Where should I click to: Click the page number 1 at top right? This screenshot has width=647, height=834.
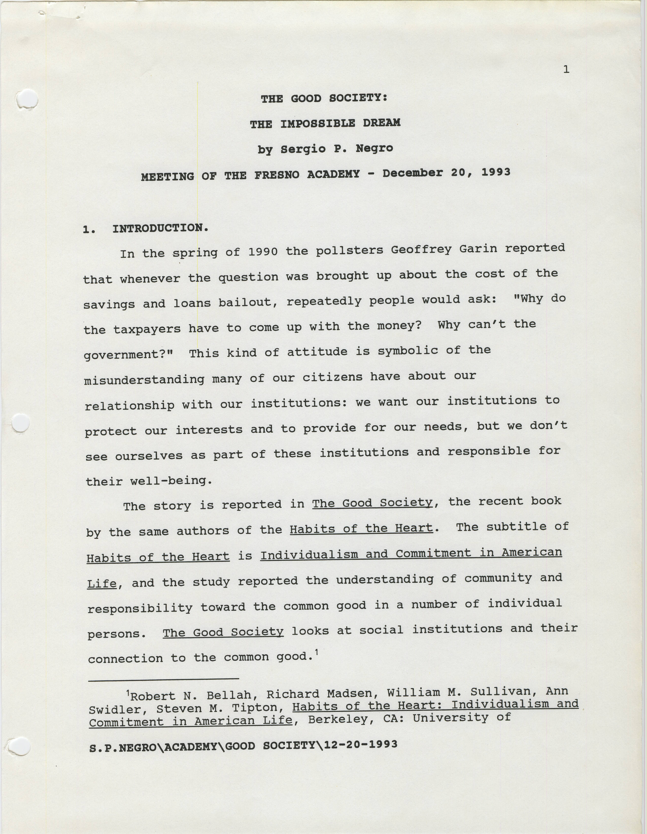566,69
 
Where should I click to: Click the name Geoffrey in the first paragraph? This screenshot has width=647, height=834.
421,250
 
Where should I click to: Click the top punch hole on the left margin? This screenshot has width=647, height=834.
27,99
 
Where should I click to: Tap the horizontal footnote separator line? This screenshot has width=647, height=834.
163,679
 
